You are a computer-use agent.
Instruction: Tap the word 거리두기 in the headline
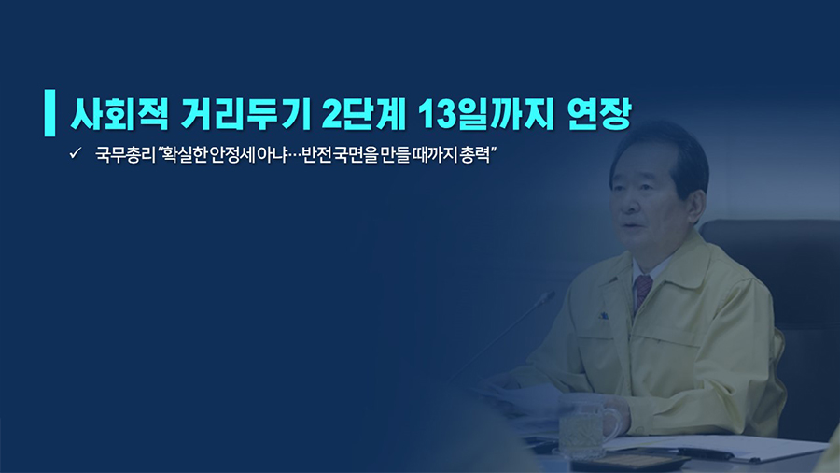click(x=245, y=114)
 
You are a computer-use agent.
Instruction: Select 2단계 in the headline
click(x=364, y=114)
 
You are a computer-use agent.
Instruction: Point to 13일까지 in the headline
click(x=485, y=114)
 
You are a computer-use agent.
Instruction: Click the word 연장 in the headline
click(x=599, y=114)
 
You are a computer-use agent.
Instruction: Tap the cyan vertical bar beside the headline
click(x=49, y=112)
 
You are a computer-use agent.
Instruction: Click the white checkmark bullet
click(x=75, y=153)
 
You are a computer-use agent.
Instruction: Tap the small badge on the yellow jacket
click(x=603, y=316)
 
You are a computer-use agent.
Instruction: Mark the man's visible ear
click(x=696, y=207)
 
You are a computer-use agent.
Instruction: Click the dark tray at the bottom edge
click(x=629, y=462)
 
